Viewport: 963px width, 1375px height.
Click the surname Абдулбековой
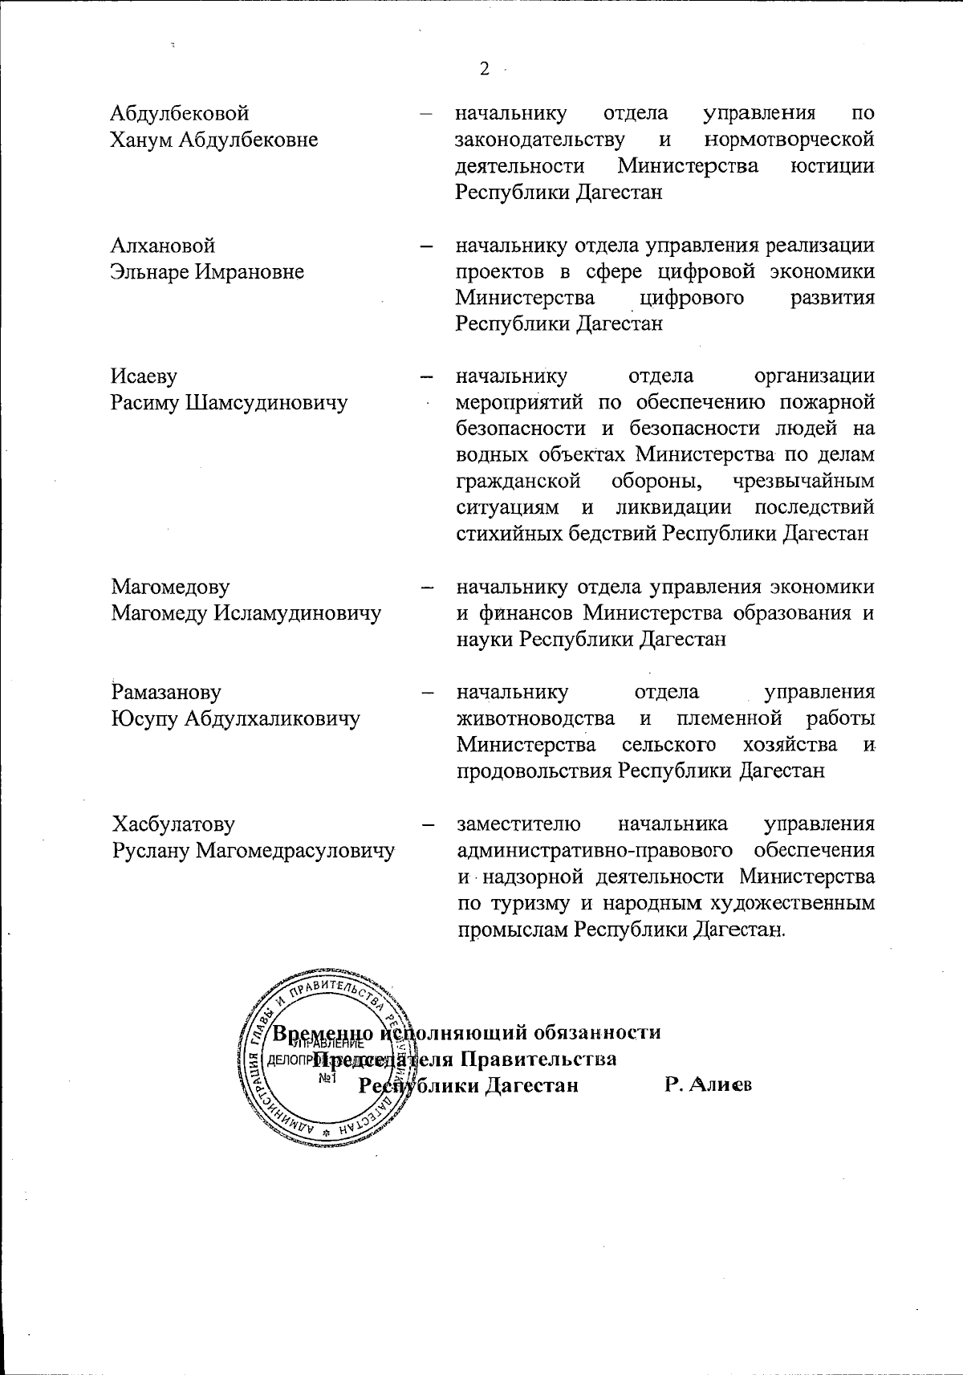click(180, 113)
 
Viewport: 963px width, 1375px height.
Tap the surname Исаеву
click(144, 376)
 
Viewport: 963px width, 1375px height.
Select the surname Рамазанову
click(167, 692)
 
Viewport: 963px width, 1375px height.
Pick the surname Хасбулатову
click(173, 824)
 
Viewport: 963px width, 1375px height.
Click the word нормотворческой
click(789, 140)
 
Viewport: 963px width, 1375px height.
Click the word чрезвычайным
click(803, 481)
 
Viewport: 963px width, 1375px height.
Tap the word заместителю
click(514, 824)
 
